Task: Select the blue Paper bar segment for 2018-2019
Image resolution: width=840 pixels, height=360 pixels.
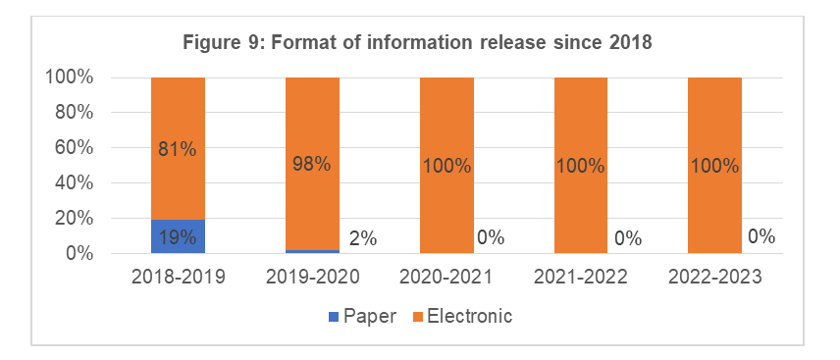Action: click(x=178, y=236)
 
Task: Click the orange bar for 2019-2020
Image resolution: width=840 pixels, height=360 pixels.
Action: click(x=312, y=118)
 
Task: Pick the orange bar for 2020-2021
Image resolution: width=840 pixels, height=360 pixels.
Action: click(x=446, y=118)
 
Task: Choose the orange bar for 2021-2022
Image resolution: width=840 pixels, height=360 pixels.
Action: click(x=581, y=118)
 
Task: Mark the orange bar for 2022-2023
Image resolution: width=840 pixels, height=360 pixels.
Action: click(x=714, y=118)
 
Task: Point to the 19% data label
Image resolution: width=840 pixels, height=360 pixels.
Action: click(x=178, y=235)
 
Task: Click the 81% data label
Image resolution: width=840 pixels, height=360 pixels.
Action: click(x=178, y=149)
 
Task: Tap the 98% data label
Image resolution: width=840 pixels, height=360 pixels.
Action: click(x=312, y=164)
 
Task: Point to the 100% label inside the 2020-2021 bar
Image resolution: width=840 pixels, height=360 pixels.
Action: click(x=446, y=166)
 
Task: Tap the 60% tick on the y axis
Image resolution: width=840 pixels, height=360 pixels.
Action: click(x=73, y=148)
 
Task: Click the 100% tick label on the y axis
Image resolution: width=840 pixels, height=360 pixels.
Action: click(x=69, y=77)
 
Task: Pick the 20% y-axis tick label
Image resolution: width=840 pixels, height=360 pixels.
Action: click(x=73, y=219)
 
